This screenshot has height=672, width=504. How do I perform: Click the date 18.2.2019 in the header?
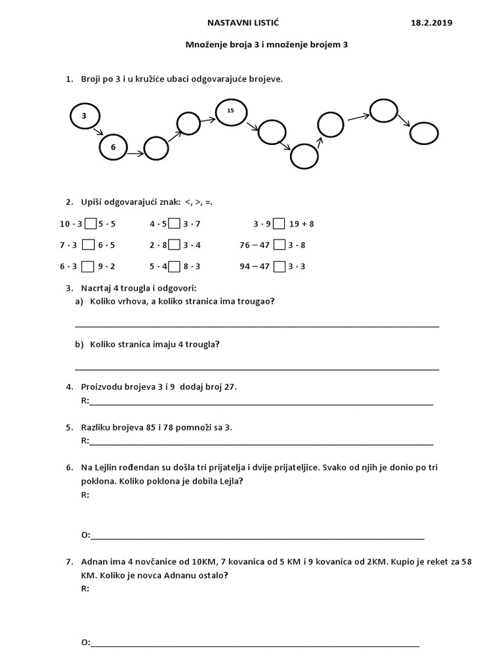(430, 23)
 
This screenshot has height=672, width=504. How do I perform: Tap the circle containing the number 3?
(84, 116)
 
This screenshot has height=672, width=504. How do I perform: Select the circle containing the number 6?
(113, 148)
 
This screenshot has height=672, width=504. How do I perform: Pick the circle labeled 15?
(230, 112)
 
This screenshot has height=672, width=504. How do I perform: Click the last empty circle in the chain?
(423, 133)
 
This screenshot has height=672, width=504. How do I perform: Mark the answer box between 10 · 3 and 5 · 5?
(91, 224)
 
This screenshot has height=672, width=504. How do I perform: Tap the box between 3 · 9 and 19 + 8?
(279, 224)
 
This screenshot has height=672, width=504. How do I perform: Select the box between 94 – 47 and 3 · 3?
(279, 266)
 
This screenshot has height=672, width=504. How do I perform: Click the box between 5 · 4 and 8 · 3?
(175, 266)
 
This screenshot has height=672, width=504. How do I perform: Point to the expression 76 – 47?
(255, 245)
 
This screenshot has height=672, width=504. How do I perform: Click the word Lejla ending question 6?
(231, 481)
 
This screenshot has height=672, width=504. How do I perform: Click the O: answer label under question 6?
(85, 535)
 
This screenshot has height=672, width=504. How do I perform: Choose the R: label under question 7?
(85, 589)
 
